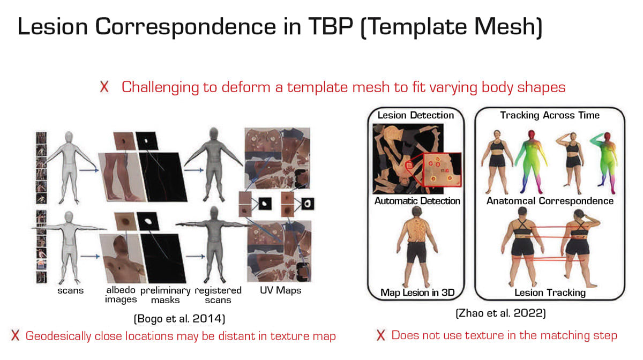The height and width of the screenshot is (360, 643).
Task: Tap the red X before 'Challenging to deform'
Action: tap(104, 86)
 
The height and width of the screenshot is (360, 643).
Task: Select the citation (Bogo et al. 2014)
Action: tap(180, 318)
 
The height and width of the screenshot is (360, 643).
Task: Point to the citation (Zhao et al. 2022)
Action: tap(500, 313)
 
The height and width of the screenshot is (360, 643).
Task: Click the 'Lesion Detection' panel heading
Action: tap(416, 115)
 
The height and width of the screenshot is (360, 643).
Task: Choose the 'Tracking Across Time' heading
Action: tap(550, 115)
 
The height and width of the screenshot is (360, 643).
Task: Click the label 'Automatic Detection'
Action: tap(417, 201)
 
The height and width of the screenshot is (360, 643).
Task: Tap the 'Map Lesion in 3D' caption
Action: tap(417, 292)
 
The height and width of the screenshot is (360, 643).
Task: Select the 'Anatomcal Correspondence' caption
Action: tap(550, 201)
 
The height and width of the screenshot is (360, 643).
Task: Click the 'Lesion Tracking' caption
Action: tap(550, 292)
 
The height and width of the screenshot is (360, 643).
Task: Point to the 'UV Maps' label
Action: tap(280, 290)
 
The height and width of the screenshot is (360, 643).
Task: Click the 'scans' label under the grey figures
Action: tap(70, 290)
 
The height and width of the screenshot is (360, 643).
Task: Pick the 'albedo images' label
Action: tap(121, 295)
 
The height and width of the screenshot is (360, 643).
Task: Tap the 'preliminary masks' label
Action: tap(166, 295)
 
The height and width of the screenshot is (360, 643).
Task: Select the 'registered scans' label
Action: tap(218, 295)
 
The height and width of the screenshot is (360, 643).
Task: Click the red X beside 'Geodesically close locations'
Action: tap(15, 335)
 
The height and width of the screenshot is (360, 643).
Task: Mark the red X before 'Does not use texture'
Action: tap(381, 335)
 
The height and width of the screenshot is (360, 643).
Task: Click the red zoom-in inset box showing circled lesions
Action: tap(442, 170)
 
